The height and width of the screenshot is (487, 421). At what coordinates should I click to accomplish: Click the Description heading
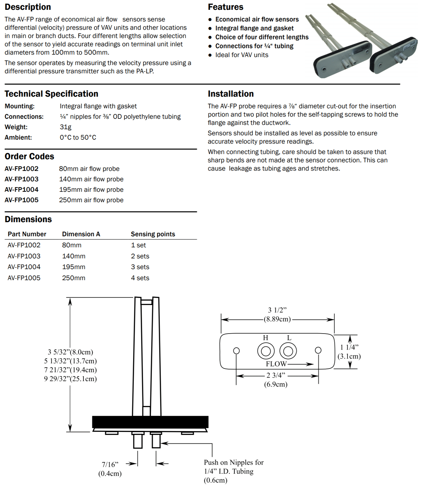pyautogui.click(x=28, y=7)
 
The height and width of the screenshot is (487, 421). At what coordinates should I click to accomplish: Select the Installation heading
pyautogui.click(x=231, y=94)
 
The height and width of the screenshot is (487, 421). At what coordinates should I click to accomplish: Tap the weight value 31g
pyautogui.click(x=65, y=127)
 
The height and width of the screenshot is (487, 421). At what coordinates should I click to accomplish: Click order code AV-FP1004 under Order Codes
pyautogui.click(x=21, y=190)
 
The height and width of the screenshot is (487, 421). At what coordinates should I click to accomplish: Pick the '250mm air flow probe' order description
pyautogui.click(x=91, y=200)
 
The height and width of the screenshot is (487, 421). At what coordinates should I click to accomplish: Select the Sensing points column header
pyautogui.click(x=153, y=234)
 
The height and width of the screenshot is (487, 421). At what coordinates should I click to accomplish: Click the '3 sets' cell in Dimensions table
pyautogui.click(x=140, y=267)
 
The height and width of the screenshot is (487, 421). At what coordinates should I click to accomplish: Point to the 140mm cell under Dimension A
pyautogui.click(x=74, y=256)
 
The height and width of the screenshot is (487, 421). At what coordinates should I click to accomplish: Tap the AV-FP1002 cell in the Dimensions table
pyautogui.click(x=24, y=245)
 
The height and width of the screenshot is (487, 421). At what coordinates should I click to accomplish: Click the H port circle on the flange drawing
pyautogui.click(x=266, y=351)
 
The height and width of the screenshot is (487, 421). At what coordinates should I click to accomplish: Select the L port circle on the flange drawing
pyautogui.click(x=288, y=351)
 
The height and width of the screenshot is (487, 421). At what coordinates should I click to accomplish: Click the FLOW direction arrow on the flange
pyautogui.click(x=300, y=364)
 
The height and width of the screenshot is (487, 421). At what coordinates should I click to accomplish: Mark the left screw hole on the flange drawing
pyautogui.click(x=236, y=350)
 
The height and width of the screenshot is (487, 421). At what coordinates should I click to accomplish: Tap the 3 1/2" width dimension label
pyautogui.click(x=277, y=310)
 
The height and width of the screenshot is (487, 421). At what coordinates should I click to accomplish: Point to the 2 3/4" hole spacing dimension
pyautogui.click(x=276, y=375)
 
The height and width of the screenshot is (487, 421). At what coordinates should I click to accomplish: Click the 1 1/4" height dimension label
pyautogui.click(x=349, y=347)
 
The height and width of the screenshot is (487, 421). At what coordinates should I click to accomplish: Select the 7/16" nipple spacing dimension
pyautogui.click(x=110, y=465)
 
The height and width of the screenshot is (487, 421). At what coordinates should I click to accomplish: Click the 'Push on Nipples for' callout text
pyautogui.click(x=234, y=462)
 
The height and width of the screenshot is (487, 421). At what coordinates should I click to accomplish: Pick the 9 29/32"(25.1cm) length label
pyautogui.click(x=70, y=379)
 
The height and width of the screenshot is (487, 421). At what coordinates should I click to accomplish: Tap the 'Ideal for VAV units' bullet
pyautogui.click(x=242, y=55)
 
